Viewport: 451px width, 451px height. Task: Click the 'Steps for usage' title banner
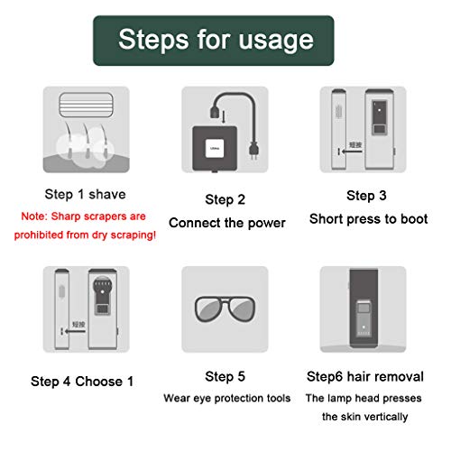pyautogui.click(x=214, y=41)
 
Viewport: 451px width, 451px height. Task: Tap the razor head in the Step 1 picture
pyautogui.click(x=86, y=105)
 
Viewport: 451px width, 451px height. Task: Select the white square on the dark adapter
pyautogui.click(x=215, y=148)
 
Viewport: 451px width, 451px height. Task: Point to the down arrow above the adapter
pyautogui.click(x=224, y=117)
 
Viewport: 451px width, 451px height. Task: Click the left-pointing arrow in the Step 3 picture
pyautogui.click(x=352, y=152)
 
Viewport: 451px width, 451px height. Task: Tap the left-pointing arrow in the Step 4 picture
pyautogui.click(x=75, y=331)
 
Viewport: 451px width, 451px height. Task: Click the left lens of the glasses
pyautogui.click(x=208, y=308)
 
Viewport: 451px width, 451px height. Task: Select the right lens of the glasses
pyautogui.click(x=242, y=308)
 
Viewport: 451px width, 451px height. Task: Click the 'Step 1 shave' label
pyautogui.click(x=85, y=194)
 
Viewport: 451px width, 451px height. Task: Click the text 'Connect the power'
pyautogui.click(x=227, y=223)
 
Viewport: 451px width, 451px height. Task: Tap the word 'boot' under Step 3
pyautogui.click(x=414, y=219)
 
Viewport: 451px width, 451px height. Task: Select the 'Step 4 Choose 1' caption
pyautogui.click(x=82, y=382)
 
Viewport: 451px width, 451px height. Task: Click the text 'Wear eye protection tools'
pyautogui.click(x=227, y=398)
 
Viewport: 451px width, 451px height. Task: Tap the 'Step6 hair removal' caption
pyautogui.click(x=365, y=377)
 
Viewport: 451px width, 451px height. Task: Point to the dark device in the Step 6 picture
pyautogui.click(x=364, y=308)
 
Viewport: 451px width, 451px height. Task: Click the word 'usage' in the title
pyautogui.click(x=276, y=41)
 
